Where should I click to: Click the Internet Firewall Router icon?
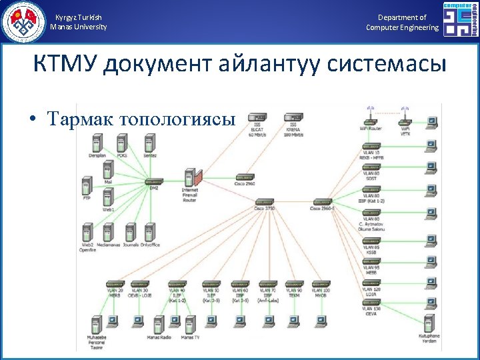pos(191,178)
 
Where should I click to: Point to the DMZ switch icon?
pos(153,182)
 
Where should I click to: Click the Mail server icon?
pos(108,170)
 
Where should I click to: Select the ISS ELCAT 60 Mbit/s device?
pos(257,118)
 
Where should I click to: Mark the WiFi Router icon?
pos(369,119)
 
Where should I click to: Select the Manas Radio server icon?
pos(159,325)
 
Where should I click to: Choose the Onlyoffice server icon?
pos(150,232)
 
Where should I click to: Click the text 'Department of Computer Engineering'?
pos(402,23)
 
